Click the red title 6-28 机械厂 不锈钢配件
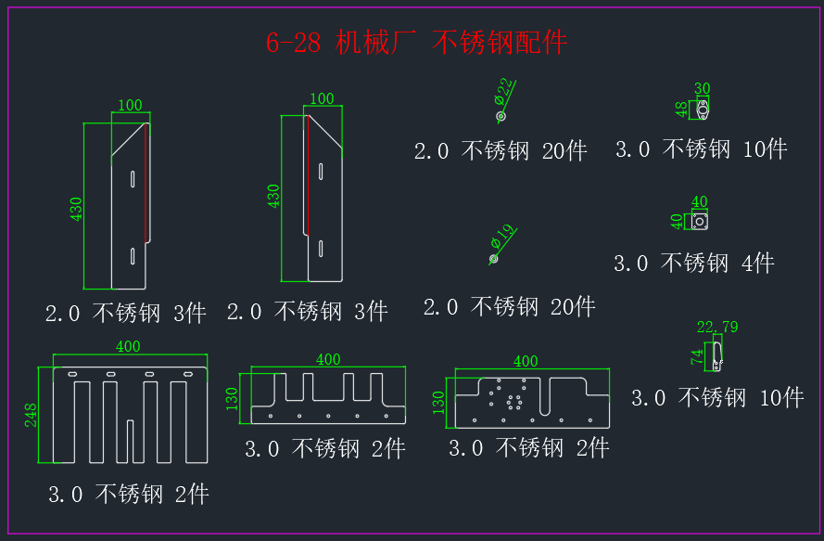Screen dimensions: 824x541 [x=416, y=42]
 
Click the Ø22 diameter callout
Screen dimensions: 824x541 [x=503, y=91]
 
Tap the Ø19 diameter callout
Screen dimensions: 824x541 [x=501, y=237]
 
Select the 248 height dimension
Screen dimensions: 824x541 [x=31, y=415]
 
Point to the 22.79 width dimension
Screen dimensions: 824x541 [x=717, y=327]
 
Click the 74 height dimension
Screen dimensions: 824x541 [x=697, y=357]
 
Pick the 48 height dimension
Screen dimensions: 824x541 [x=681, y=109]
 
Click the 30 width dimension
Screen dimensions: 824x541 [x=702, y=88]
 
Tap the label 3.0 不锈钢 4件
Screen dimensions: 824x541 [x=693, y=264]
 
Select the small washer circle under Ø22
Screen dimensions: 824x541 [x=501, y=116]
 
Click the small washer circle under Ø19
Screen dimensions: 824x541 [x=493, y=259]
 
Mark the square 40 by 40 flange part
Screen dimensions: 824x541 [x=700, y=222]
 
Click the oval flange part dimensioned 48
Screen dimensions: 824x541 [x=703, y=110]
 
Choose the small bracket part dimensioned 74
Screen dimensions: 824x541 [x=717, y=356]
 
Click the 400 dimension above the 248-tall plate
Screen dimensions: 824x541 [x=128, y=346]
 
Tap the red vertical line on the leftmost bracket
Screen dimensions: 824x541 [x=146, y=183]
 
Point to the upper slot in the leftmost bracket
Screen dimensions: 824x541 [x=133, y=179]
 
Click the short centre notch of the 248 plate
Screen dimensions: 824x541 [x=130, y=441]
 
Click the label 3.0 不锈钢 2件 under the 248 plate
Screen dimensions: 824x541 [x=129, y=495]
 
